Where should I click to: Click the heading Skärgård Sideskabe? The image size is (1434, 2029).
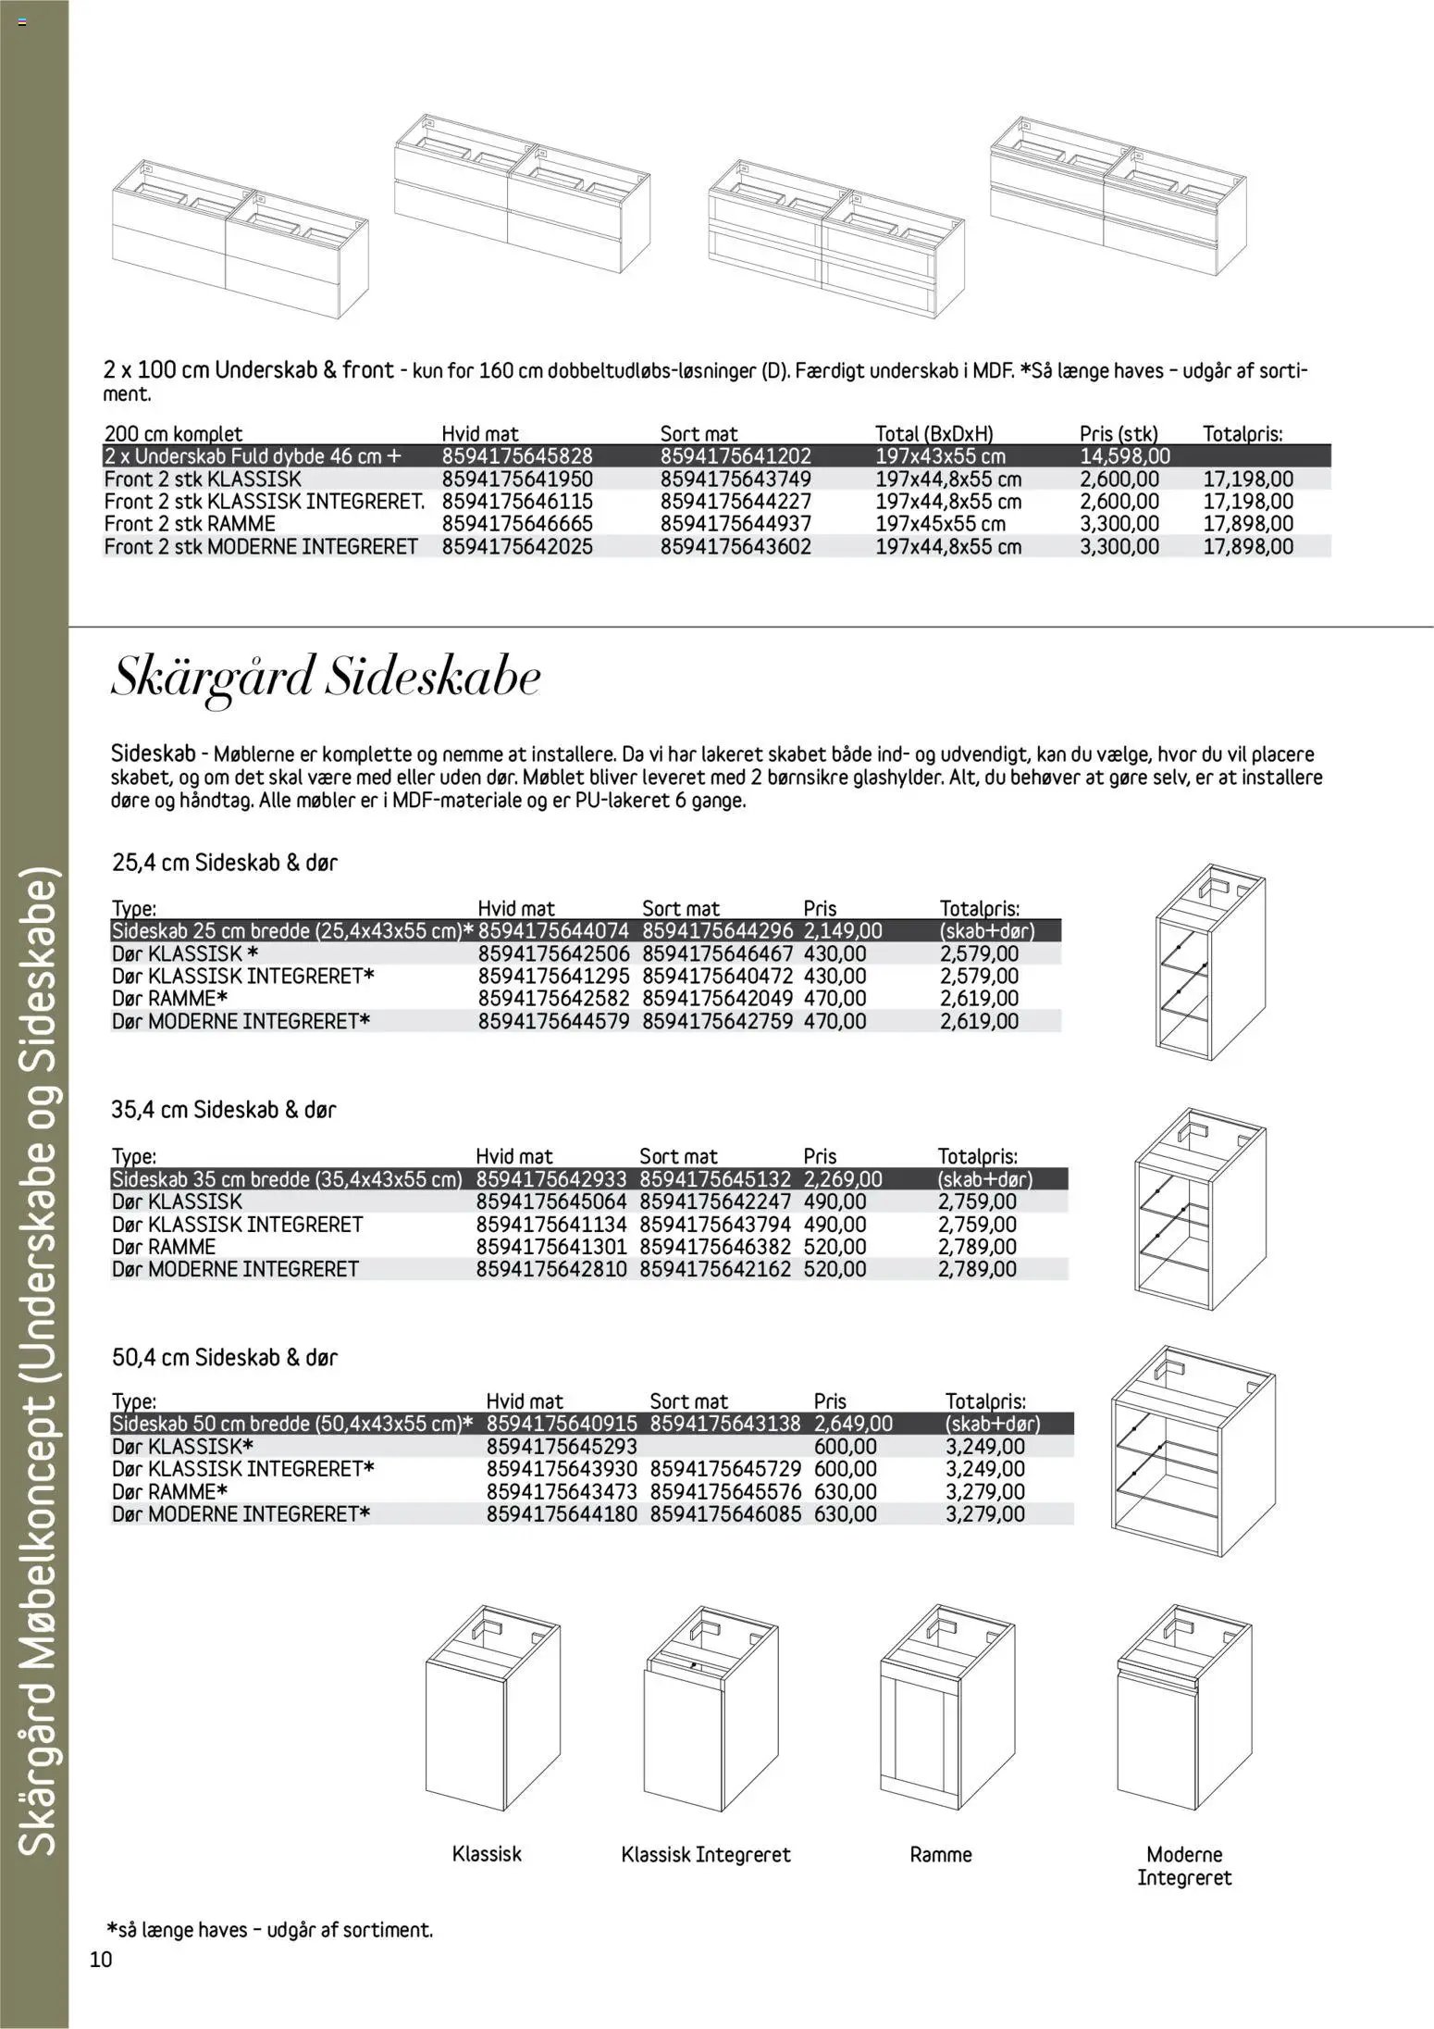coord(325,678)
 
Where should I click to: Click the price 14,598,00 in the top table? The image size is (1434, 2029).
coord(1124,456)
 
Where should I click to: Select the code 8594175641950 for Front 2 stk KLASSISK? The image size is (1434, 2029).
coord(516,479)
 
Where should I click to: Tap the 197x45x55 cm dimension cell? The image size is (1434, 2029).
coord(940,524)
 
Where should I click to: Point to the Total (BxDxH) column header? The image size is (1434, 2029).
coord(934,433)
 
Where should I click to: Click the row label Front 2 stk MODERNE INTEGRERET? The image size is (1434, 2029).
coord(261,546)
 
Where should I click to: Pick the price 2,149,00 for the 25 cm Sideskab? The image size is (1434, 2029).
coord(843,931)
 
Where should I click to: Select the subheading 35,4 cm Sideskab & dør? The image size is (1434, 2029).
coord(224,1109)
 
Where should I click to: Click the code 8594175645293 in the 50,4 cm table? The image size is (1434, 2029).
coord(562,1447)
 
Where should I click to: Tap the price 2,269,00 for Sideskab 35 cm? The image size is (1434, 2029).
coord(842,1179)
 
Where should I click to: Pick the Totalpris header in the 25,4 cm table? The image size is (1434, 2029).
coord(979,909)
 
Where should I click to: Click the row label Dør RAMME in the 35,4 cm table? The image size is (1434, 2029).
coord(164,1247)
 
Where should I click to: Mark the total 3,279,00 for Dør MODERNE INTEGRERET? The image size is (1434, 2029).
coord(984,1514)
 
